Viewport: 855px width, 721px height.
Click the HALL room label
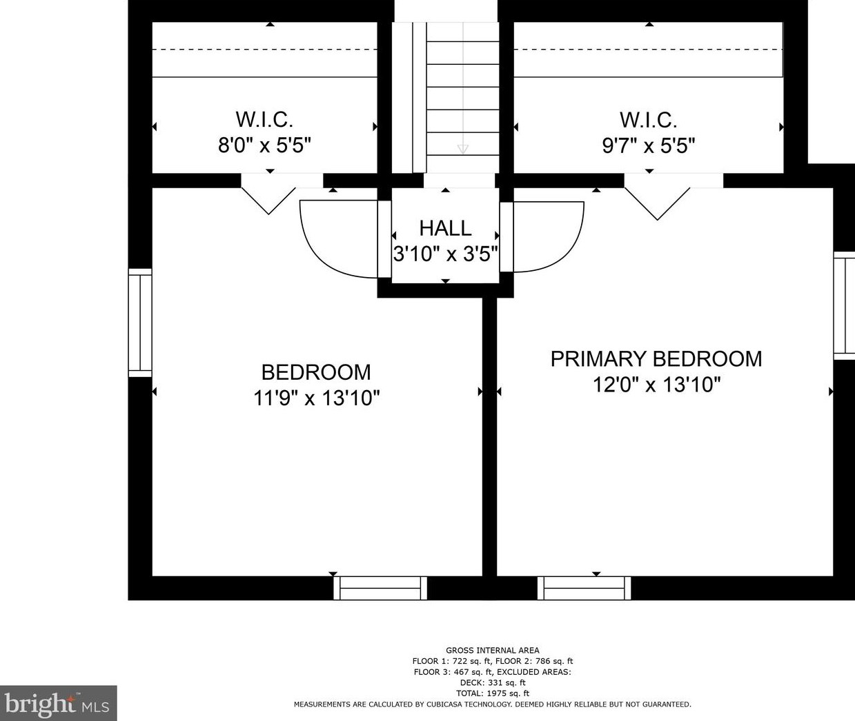coord(445,228)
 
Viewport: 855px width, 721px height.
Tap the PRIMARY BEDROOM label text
coord(656,358)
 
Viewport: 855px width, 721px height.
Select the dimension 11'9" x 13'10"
coord(317,398)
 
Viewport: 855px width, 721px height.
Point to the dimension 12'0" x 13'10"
coord(656,385)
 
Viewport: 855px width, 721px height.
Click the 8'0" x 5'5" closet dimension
coord(264,145)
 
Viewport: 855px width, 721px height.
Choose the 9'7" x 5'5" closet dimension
coord(649,145)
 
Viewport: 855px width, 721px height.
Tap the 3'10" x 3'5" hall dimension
coord(446,254)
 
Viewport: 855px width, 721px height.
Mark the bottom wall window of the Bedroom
coord(380,588)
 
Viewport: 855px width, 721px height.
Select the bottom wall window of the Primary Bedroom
coord(584,588)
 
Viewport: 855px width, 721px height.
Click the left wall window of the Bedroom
coord(140,323)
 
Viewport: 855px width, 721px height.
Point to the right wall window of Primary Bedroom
coord(845,306)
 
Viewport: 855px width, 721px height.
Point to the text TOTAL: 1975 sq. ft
coord(493,693)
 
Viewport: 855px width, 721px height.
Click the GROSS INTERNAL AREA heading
coord(493,650)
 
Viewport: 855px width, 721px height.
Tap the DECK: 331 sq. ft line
coord(493,682)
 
